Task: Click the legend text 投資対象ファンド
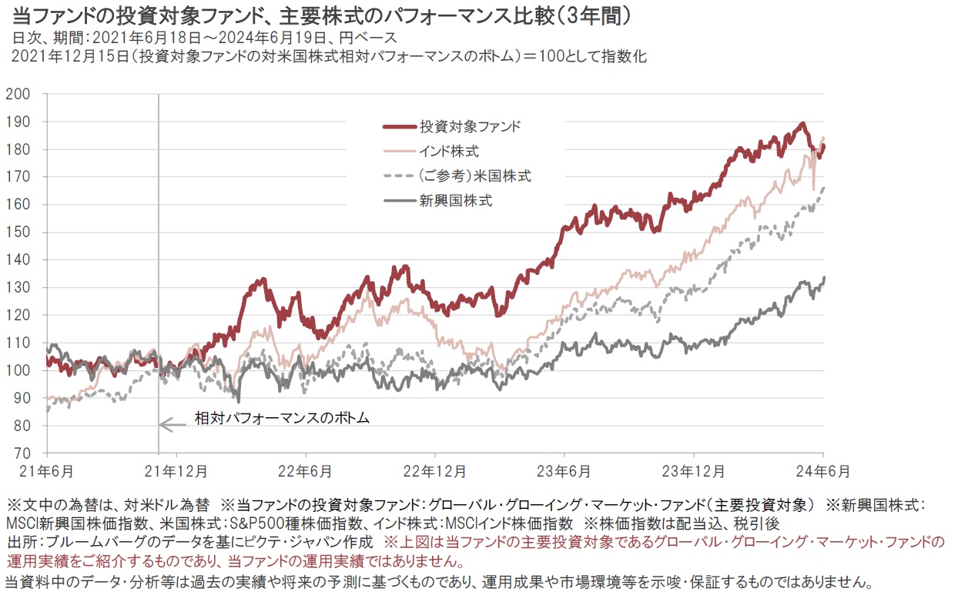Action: pyautogui.click(x=470, y=125)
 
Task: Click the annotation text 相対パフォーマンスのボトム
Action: pyautogui.click(x=282, y=420)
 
